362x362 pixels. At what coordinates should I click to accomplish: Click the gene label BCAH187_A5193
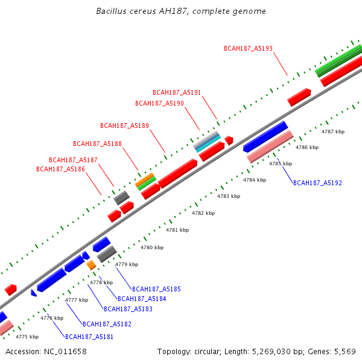[x=248, y=48]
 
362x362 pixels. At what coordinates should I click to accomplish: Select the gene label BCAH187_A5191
[x=177, y=93]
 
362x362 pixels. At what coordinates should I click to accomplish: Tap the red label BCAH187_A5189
[x=124, y=125]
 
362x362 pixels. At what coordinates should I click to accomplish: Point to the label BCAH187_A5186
[x=60, y=170]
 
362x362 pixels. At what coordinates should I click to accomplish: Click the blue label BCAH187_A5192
[x=317, y=183]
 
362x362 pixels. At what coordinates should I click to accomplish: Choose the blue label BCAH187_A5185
[x=156, y=290]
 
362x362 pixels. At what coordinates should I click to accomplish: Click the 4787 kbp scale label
[x=333, y=132]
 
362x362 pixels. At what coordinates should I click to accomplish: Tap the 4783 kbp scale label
[x=229, y=196]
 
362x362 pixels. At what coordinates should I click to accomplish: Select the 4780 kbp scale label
[x=151, y=247]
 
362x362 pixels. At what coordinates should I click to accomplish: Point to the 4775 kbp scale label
[x=27, y=337]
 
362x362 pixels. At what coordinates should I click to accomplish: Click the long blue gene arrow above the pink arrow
[x=265, y=136]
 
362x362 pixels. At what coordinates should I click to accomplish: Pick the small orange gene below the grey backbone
[x=91, y=265]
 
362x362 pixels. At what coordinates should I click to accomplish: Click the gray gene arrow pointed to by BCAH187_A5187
[x=121, y=197]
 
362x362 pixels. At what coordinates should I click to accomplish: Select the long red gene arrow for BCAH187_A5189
[x=177, y=173]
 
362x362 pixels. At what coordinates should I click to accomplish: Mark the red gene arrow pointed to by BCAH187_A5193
[x=299, y=97]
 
